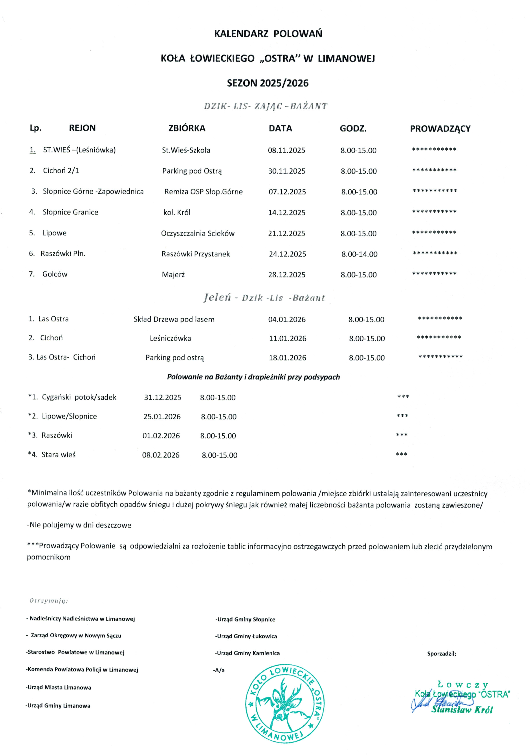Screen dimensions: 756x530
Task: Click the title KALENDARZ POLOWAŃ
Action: (268, 34)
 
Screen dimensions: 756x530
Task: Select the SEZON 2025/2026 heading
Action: (268, 83)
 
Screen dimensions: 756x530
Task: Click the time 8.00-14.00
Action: (359, 254)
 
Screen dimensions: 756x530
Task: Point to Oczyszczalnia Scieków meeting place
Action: (198, 233)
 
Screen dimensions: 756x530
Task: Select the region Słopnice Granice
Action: (70, 212)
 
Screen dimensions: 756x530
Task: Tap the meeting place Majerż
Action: (173, 275)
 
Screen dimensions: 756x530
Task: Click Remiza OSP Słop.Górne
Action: (204, 192)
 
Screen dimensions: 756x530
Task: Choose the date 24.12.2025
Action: (287, 254)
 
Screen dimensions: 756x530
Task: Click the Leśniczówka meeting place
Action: (170, 338)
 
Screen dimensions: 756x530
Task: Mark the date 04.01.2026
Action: (287, 319)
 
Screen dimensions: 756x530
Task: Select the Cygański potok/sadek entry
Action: (79, 397)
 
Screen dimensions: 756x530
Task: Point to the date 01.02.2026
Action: (161, 436)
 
